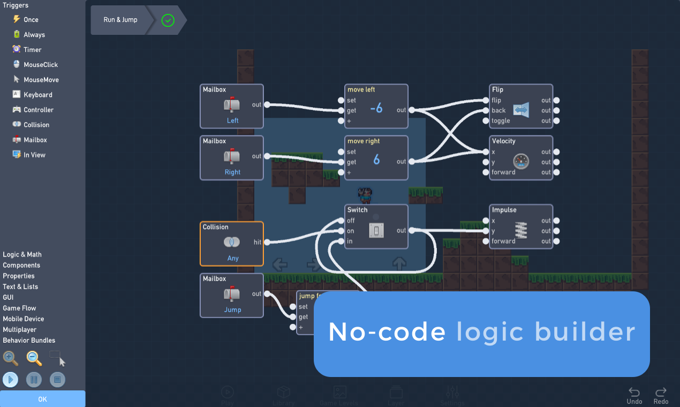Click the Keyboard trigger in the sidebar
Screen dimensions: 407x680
pos(37,95)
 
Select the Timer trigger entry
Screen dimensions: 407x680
pos(32,50)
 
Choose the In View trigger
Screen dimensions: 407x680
pos(34,155)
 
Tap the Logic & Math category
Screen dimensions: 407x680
pos(22,254)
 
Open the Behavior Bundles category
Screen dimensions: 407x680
pos(29,340)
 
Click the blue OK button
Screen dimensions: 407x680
pos(42,399)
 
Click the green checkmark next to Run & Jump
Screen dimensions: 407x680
pos(168,20)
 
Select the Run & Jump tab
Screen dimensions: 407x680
pos(120,20)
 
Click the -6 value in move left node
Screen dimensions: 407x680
pos(376,108)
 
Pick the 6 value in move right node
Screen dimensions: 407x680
pos(376,160)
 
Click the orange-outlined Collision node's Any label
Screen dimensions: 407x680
pos(232,258)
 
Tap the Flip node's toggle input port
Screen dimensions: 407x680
pos(486,120)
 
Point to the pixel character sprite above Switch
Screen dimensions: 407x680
pos(365,195)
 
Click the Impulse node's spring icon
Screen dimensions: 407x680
pos(520,230)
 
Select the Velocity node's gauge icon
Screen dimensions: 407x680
pos(520,161)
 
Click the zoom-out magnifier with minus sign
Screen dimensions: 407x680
pos(34,358)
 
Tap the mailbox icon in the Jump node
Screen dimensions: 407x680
pos(232,294)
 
